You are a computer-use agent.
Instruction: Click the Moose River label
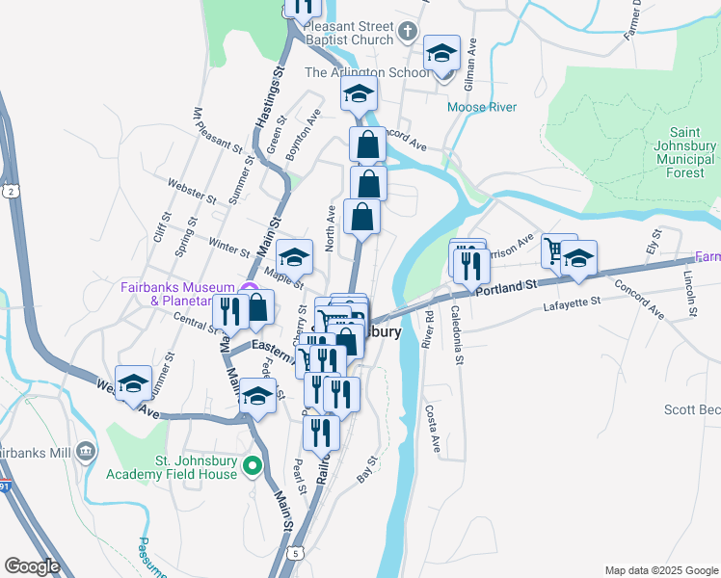(x=482, y=107)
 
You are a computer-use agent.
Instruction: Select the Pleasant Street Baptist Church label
(x=349, y=33)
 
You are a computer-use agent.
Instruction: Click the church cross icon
(x=408, y=32)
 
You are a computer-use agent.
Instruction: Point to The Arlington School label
(x=367, y=72)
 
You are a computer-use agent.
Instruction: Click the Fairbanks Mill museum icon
(x=86, y=450)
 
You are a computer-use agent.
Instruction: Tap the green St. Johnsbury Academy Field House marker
(x=253, y=468)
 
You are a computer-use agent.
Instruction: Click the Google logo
(x=32, y=566)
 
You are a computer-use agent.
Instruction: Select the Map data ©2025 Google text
(x=659, y=570)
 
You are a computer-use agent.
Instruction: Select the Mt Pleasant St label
(x=217, y=130)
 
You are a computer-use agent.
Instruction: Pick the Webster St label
(x=189, y=191)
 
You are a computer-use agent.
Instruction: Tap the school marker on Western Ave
(x=133, y=384)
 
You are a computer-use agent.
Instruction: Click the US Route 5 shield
(x=294, y=552)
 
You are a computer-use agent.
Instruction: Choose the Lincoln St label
(x=690, y=293)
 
